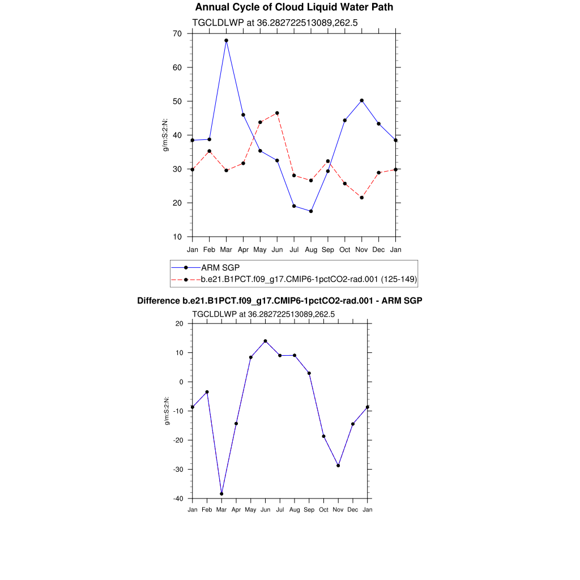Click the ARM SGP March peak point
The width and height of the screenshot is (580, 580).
[x=226, y=41]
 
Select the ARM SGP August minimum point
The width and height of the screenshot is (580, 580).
[x=311, y=211]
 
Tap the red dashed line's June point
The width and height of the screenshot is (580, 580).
[x=277, y=113]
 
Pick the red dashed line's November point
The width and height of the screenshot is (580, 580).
[x=362, y=198]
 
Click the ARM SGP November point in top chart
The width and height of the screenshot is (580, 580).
[x=362, y=100]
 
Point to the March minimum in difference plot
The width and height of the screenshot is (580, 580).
[x=221, y=494]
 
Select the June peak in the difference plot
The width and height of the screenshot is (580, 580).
[x=265, y=341]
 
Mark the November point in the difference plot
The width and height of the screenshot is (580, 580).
[x=338, y=466]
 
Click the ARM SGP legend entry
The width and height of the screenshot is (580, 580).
[x=217, y=267]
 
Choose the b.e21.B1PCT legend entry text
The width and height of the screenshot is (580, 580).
[x=309, y=279]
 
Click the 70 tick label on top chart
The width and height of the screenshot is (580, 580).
[x=177, y=34]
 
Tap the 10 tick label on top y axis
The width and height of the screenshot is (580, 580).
[x=177, y=237]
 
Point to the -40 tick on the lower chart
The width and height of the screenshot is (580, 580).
[x=178, y=498]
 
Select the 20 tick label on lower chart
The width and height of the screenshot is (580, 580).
[x=180, y=324]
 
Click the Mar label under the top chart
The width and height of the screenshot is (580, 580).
[x=226, y=250]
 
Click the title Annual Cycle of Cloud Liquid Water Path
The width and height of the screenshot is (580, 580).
[x=294, y=7]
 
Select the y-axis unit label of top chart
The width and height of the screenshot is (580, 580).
[x=165, y=135]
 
